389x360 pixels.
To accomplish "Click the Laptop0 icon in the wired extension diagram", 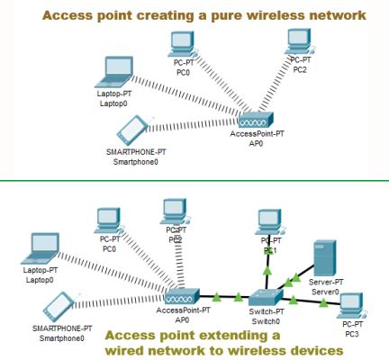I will click(41, 245).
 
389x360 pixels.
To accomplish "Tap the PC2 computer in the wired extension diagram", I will click(174, 210).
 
